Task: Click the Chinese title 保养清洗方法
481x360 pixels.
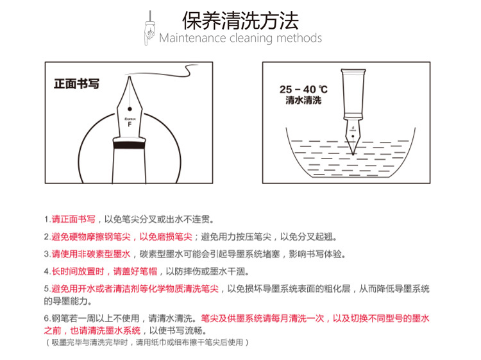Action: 240,21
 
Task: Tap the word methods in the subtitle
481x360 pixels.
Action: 299,38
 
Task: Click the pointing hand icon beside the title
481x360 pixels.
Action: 149,28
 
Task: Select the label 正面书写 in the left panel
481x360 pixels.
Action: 76,84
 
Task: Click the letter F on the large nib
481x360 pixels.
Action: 130,124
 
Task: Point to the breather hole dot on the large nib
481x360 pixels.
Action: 130,109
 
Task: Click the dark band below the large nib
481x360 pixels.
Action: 129,144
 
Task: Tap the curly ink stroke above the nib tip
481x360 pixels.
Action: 163,72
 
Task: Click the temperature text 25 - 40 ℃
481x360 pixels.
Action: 303,89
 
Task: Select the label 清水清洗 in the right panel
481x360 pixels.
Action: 303,100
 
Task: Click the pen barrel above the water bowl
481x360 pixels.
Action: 353,94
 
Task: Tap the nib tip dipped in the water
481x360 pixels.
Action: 353,153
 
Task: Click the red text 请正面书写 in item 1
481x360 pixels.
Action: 74,219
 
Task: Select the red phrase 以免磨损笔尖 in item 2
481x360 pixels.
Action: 166,237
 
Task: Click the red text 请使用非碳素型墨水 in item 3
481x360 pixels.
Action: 91,254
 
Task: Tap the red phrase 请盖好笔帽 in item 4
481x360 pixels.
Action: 135,271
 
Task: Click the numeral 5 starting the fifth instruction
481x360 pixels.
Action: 47,289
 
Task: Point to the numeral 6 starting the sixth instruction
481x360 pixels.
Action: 47,318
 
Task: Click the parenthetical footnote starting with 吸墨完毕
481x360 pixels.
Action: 148,342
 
